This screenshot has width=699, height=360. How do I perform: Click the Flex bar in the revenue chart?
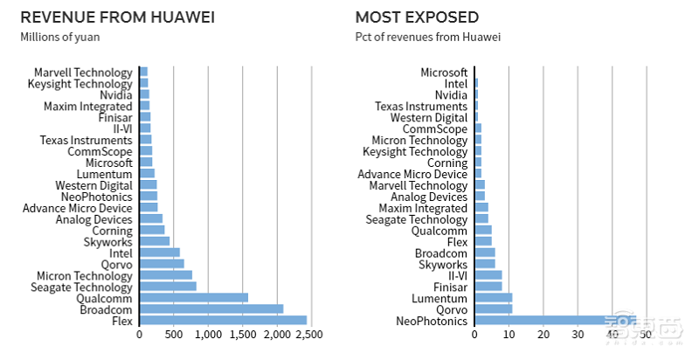click(223, 320)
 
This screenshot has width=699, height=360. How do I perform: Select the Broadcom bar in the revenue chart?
click(211, 308)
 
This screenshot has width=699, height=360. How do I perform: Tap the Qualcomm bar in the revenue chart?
click(193, 297)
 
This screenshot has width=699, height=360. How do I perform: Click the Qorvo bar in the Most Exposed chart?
click(493, 309)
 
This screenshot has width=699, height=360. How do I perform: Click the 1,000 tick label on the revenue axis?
click(208, 335)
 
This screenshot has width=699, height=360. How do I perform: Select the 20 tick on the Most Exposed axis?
click(543, 335)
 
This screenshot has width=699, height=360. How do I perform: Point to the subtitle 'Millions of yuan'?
click(59, 37)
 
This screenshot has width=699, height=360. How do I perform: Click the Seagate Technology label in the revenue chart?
click(81, 287)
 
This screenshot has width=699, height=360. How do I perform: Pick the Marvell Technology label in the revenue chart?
click(83, 73)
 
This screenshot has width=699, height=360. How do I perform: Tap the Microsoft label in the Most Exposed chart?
click(444, 73)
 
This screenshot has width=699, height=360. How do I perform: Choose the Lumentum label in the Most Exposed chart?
click(441, 298)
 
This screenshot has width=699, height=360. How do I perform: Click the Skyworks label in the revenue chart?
click(108, 241)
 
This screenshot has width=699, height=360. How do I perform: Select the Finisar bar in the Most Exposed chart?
click(488, 287)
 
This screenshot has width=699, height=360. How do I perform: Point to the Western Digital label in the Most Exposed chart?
click(429, 117)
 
